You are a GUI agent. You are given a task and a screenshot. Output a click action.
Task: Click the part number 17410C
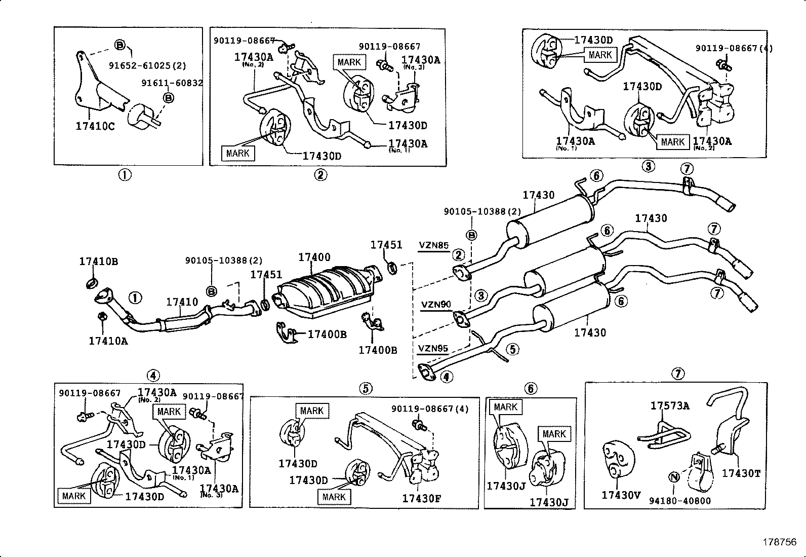[x=95, y=126]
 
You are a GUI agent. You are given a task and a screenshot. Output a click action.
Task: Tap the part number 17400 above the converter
[x=314, y=257]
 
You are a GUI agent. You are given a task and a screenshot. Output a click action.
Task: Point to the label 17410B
[x=98, y=262]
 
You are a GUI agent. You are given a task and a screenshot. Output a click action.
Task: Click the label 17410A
[x=108, y=341]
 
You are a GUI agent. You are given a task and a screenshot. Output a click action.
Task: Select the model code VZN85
[x=433, y=245]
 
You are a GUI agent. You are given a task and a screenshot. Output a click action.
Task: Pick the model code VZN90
[x=436, y=305]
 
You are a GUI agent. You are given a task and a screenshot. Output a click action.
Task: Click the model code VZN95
[x=433, y=349]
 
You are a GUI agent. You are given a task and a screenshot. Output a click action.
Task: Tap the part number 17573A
[x=670, y=405]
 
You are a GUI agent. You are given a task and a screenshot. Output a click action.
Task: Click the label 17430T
[x=741, y=473]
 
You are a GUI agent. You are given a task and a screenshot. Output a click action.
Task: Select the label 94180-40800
[x=680, y=501]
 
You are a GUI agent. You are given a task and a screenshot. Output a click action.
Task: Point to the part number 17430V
[x=621, y=495]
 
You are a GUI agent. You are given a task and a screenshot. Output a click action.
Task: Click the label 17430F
[x=422, y=499]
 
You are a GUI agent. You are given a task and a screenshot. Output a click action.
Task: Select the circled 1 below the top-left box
[x=125, y=175]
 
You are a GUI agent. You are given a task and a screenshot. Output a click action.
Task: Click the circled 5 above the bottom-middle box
[x=366, y=389]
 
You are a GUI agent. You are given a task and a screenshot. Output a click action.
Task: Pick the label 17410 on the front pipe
[x=182, y=302]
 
